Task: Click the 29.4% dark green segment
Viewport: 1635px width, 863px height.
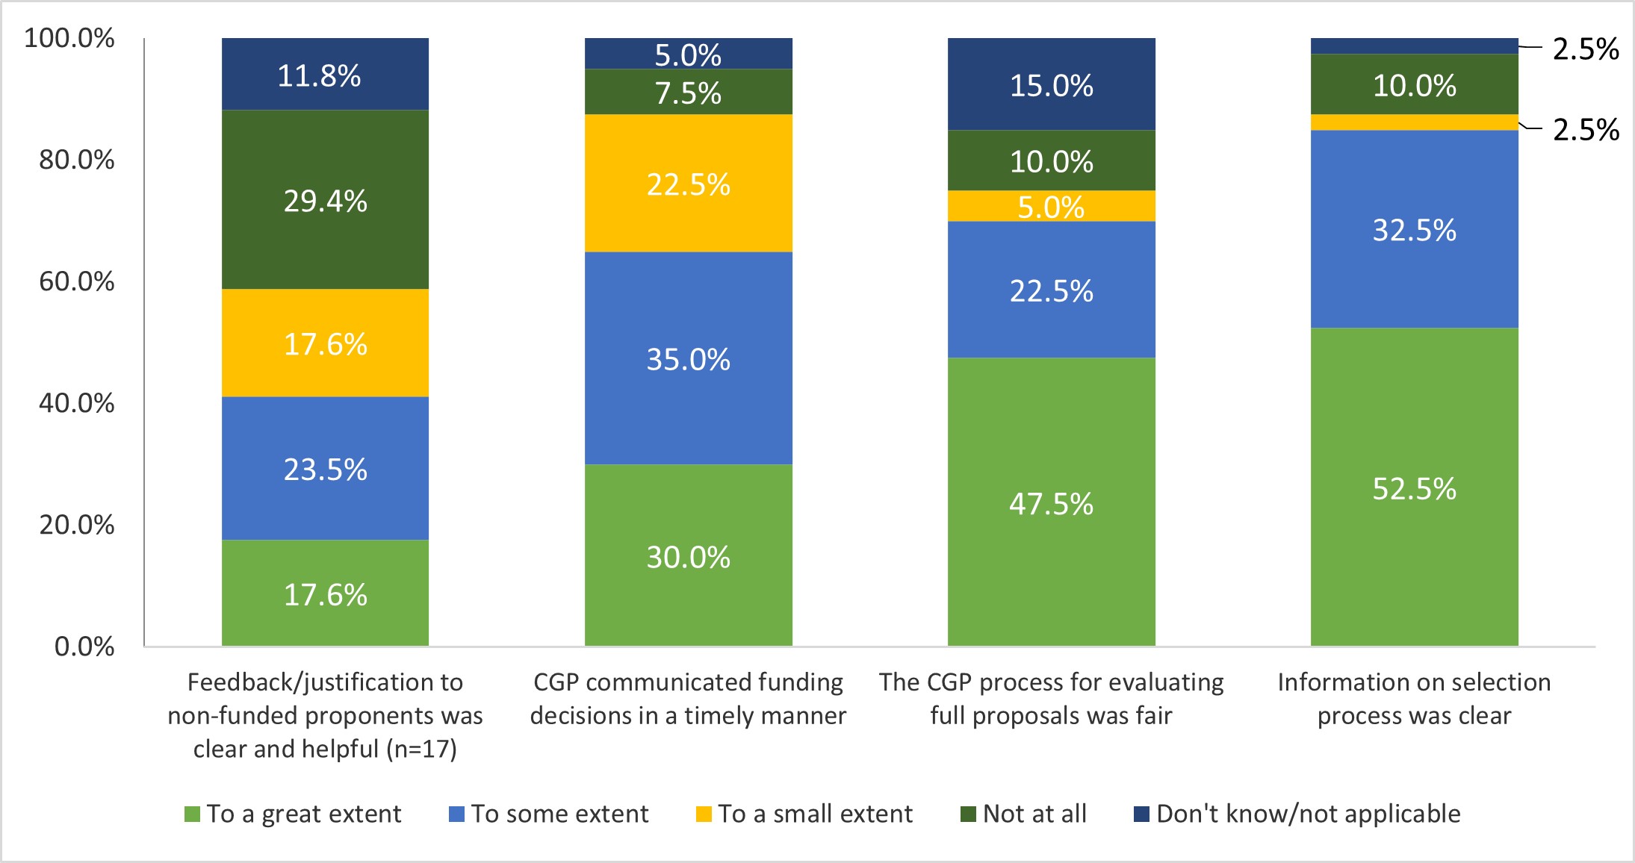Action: click(325, 200)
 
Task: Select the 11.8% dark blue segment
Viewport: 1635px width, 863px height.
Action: click(325, 75)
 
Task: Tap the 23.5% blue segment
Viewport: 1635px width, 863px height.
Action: click(325, 469)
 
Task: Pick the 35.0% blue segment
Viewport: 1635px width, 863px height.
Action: click(688, 359)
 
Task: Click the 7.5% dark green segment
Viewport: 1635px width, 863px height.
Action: click(688, 93)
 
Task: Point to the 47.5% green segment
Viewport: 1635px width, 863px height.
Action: click(1051, 502)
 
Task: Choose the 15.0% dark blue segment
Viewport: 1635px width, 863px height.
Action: click(1051, 84)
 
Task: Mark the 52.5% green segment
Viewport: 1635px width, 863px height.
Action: click(1414, 487)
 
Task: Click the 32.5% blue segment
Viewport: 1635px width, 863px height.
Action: click(1414, 229)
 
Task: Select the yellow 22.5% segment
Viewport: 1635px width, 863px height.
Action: click(688, 184)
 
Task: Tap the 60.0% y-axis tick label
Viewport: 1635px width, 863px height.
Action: click(77, 281)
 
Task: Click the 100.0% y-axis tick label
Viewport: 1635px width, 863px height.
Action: click(69, 38)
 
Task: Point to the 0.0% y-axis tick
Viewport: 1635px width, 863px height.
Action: click(84, 647)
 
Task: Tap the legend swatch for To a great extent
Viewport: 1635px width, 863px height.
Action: click(192, 814)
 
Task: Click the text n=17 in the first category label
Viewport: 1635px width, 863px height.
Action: click(421, 749)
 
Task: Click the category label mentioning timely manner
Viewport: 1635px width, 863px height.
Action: click(688, 699)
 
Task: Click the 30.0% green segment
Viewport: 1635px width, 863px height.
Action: click(688, 556)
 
